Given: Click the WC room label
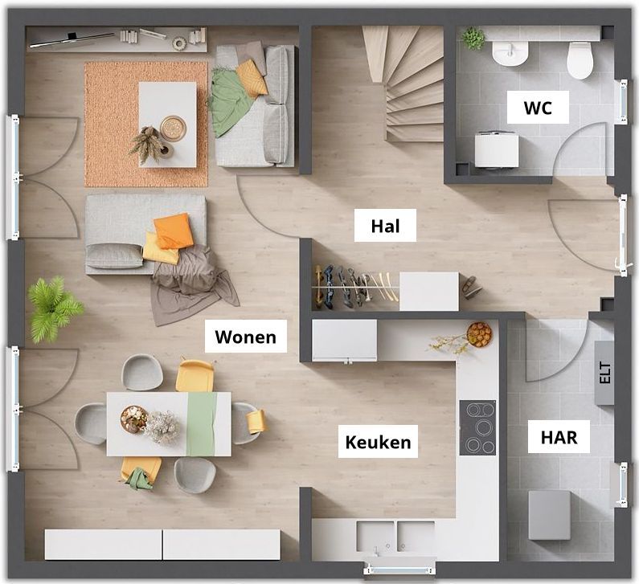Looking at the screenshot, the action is (x=538, y=108).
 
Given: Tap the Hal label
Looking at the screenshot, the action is (x=385, y=226).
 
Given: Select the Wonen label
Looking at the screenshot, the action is (x=246, y=337).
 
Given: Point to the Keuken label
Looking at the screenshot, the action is (x=379, y=442).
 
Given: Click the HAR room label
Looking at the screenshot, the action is (x=559, y=437).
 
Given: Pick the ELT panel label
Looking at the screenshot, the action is (x=605, y=373).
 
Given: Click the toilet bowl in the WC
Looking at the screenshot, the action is (x=580, y=60).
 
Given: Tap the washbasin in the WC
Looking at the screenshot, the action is (x=510, y=53).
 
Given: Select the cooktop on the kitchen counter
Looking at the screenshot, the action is (x=477, y=427).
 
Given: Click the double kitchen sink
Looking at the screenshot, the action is (x=395, y=537).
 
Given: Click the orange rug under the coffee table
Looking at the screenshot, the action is (x=146, y=125).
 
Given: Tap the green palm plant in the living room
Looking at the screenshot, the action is (x=55, y=308).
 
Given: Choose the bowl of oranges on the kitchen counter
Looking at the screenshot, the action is (x=479, y=334).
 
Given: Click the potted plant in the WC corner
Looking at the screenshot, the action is (x=473, y=39).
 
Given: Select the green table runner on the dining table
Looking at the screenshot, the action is (x=202, y=424).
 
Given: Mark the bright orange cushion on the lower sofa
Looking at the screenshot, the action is (x=173, y=231).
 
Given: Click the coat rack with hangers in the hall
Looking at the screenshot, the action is (x=354, y=287).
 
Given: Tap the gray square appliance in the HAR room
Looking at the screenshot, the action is (x=549, y=515).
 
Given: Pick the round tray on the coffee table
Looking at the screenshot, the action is (x=173, y=129).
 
